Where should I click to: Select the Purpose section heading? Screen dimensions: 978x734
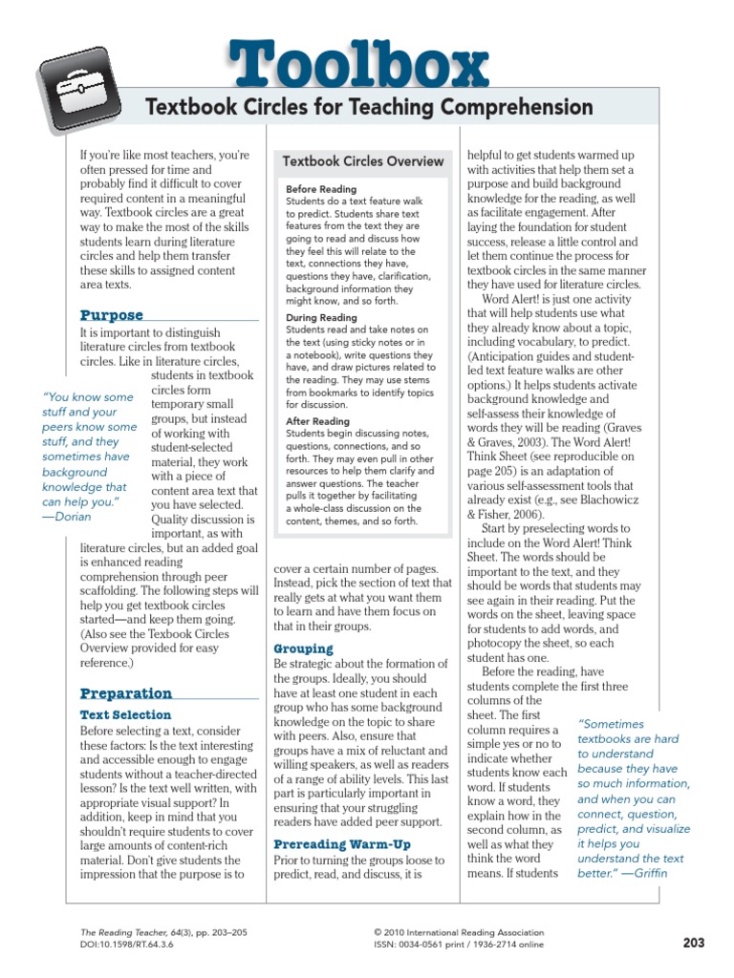112,315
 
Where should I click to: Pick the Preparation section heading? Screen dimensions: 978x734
126,693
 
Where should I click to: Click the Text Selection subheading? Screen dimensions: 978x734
126,714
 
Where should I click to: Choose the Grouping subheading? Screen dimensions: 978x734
303,648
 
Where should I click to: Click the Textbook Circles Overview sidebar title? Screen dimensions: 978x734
363,161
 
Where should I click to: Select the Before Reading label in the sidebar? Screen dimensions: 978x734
321,189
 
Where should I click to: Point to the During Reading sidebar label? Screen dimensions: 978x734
321,317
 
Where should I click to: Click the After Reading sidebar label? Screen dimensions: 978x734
317,421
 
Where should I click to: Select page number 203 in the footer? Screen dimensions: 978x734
693,943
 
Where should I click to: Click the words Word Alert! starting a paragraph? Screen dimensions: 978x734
518,298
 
